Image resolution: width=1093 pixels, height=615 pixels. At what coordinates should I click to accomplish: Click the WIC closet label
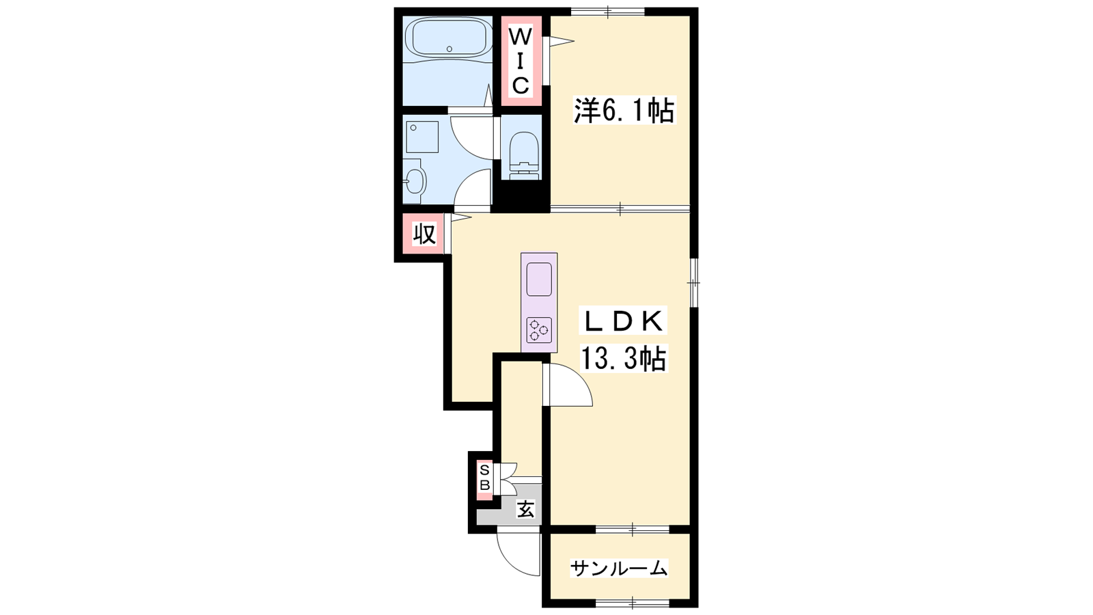[521, 61]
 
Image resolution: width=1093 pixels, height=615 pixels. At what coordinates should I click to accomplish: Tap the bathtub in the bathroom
[449, 39]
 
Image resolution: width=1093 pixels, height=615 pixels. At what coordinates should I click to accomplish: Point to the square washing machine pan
[422, 137]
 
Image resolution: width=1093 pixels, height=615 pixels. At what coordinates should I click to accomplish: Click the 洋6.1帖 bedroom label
[624, 110]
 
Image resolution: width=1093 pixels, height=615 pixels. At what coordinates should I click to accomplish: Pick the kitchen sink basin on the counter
[539, 279]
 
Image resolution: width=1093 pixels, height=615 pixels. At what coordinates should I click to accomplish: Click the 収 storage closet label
[424, 234]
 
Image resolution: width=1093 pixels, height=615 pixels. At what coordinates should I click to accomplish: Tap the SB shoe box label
[484, 478]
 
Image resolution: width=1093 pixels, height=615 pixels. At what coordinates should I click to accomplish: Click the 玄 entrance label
[525, 510]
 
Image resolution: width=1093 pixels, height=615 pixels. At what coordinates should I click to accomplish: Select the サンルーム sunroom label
[619, 569]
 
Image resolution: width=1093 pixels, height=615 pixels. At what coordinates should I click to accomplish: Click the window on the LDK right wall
[694, 283]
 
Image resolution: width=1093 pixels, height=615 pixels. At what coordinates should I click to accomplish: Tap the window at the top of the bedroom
[608, 11]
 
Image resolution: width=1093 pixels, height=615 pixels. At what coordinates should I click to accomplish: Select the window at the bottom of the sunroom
[633, 603]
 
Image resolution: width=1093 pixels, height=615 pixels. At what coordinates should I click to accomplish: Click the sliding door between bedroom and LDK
[620, 209]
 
